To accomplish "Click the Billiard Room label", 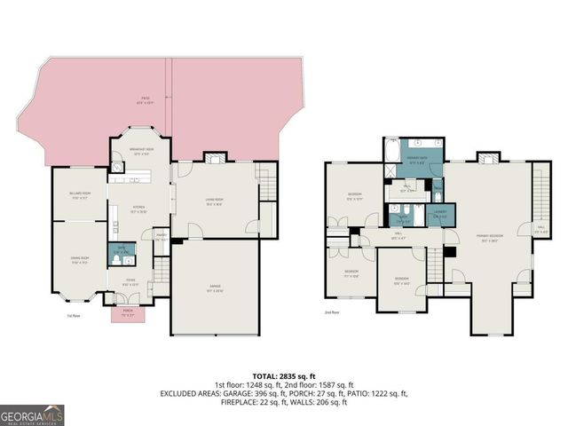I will [81, 196].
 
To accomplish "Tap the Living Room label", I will [214, 201].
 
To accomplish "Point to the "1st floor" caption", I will [74, 315].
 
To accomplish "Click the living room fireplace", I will [215, 158].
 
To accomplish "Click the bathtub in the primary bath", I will [392, 150].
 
